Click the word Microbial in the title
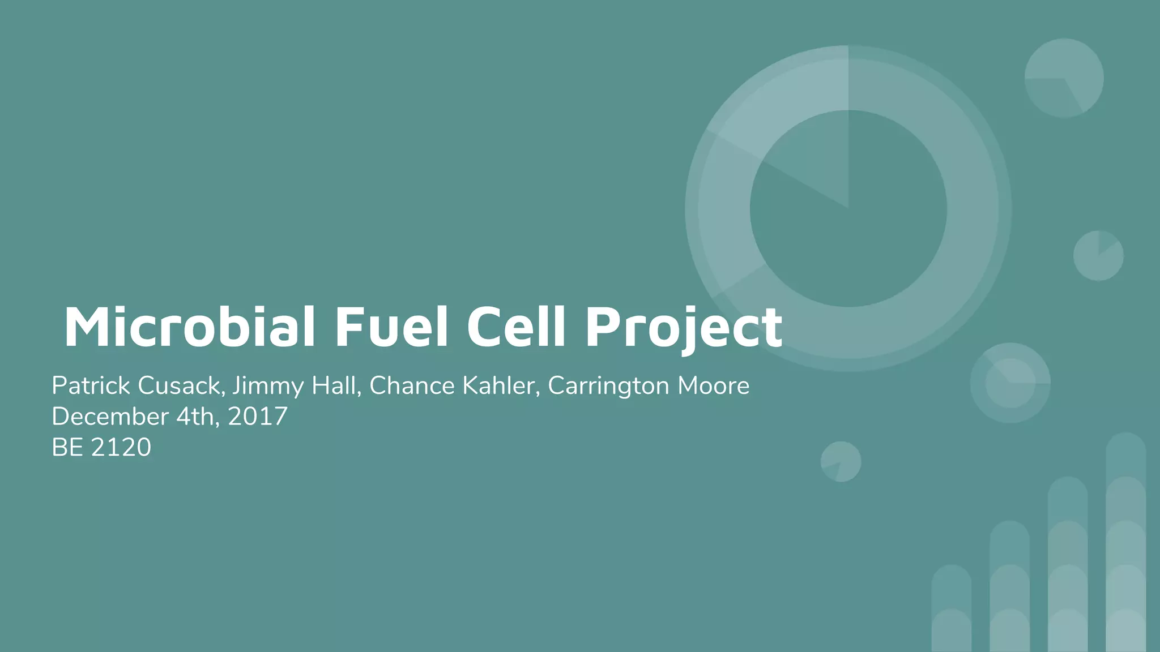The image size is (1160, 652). click(189, 327)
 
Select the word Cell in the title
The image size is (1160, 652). click(516, 327)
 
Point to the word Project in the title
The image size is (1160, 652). click(684, 328)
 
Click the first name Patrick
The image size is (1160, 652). click(91, 386)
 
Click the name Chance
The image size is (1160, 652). click(412, 386)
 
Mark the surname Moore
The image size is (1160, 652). click(714, 386)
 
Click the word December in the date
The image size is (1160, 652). click(110, 417)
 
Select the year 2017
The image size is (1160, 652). click(258, 417)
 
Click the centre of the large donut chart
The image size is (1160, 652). click(848, 208)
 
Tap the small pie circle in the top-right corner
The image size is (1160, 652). click(1064, 78)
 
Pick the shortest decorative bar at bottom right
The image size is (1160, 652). click(951, 608)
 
